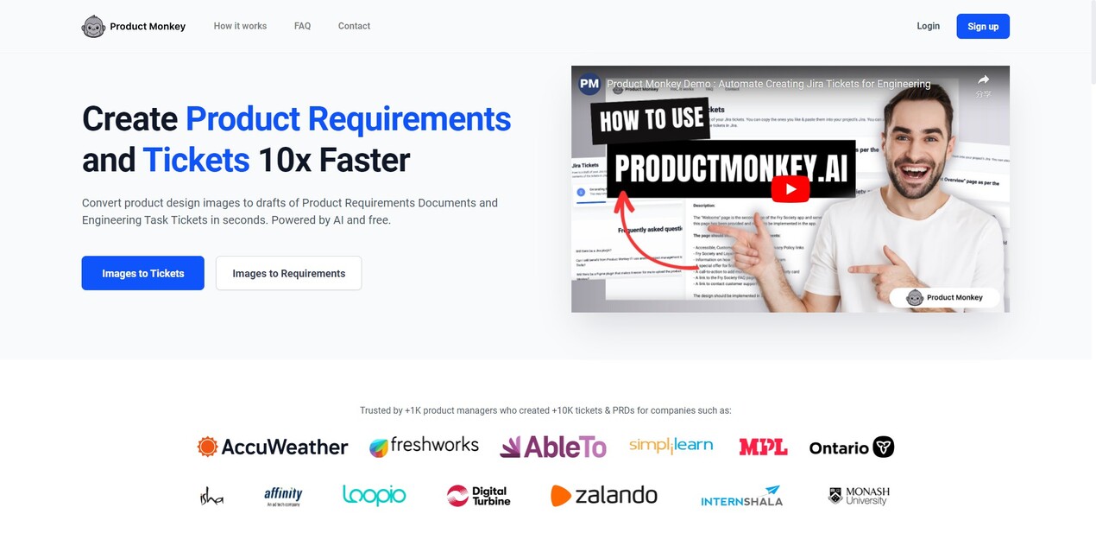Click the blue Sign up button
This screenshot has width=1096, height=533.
pos(982,26)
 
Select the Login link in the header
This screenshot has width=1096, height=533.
pos(928,26)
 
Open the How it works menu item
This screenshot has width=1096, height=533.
pos(240,26)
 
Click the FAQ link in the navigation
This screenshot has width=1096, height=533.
pos(302,26)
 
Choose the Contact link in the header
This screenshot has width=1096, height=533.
pos(354,26)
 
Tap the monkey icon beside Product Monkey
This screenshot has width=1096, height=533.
pos(93,27)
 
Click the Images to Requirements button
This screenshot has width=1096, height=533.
pos(288,273)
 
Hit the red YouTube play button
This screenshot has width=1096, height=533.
pos(790,189)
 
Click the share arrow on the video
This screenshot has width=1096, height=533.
pos(983,80)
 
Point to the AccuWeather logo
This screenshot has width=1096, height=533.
pos(273,447)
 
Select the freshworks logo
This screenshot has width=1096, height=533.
pos(424,446)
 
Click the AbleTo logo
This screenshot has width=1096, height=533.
pos(553,446)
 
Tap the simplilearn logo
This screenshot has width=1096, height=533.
pos(671,446)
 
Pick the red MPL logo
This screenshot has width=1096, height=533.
pos(763,447)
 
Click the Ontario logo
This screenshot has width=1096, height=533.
pos(851,447)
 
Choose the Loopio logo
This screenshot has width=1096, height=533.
pos(374,495)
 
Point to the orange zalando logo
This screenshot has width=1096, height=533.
pos(604,495)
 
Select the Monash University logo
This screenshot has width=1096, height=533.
pos(858,496)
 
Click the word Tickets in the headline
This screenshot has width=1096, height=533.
pos(196,160)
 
